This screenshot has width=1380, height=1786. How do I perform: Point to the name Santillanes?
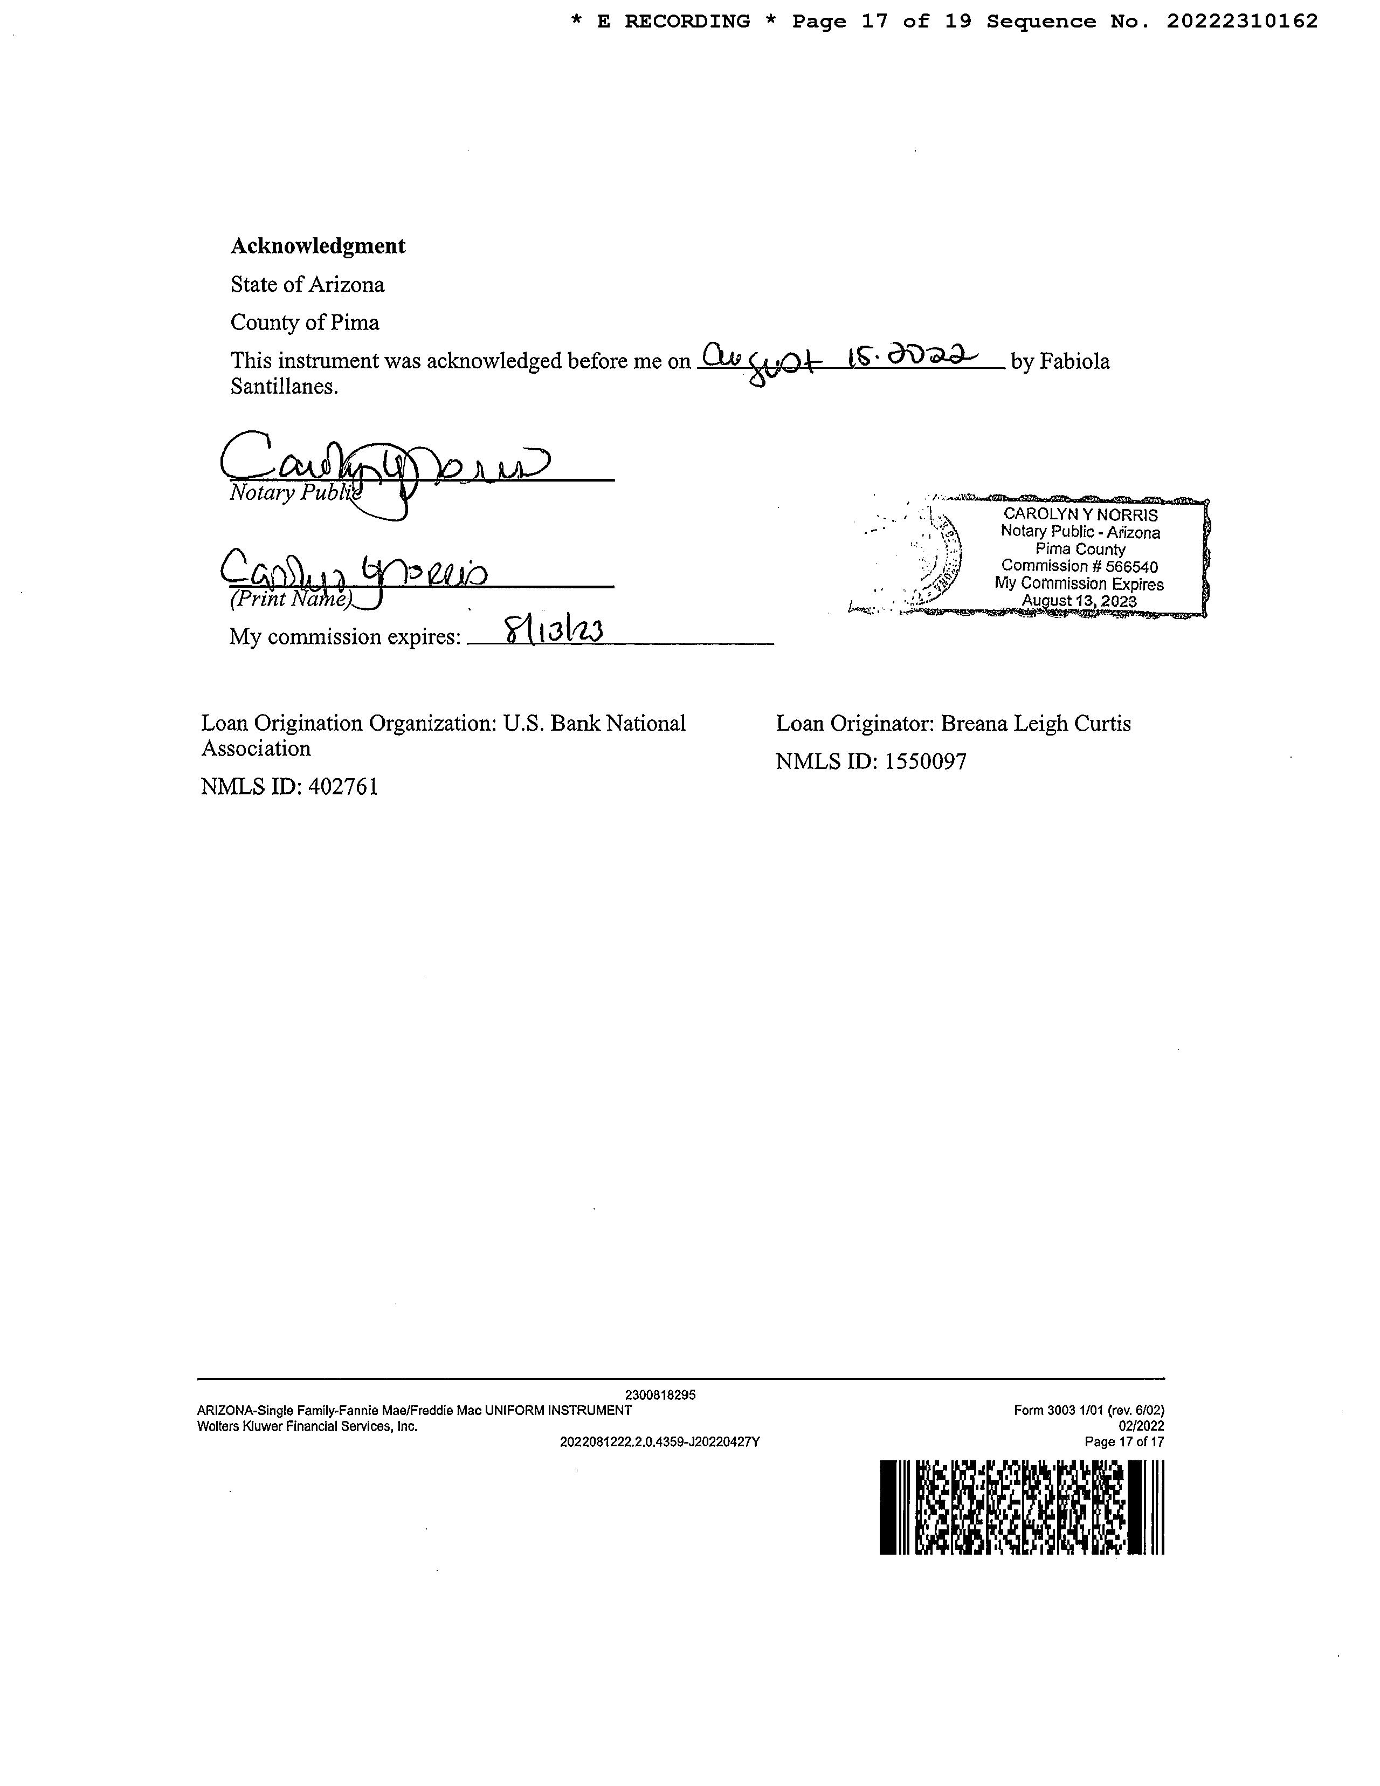(x=283, y=387)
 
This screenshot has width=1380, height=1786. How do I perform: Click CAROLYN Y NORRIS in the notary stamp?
(x=1080, y=514)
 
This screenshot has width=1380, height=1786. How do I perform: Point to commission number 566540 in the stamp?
(x=1131, y=566)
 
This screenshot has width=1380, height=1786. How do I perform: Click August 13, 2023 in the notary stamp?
(x=1079, y=601)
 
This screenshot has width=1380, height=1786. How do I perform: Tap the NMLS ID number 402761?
(x=343, y=787)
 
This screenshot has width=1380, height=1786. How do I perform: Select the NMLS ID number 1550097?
(x=926, y=762)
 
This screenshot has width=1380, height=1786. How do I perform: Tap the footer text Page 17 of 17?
(x=1123, y=1442)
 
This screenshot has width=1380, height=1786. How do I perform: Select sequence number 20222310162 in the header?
(x=1242, y=21)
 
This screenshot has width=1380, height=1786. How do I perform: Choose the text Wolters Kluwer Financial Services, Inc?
(x=307, y=1426)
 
